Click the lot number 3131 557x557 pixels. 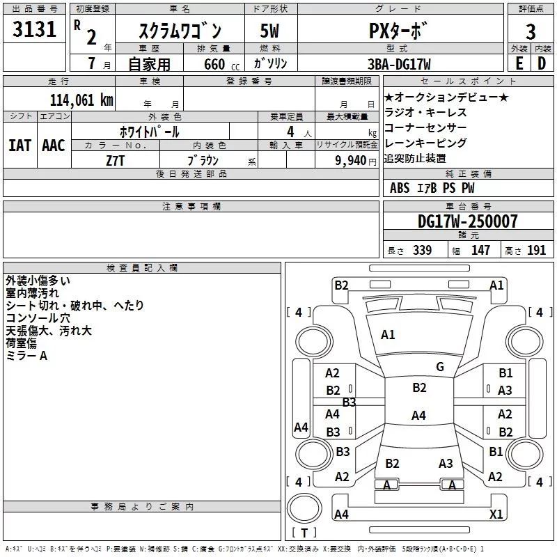(34, 30)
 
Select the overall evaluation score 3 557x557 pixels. (531, 32)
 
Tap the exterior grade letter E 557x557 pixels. (519, 63)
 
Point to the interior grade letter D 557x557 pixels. (542, 63)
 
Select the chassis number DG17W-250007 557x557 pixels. (467, 221)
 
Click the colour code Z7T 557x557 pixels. (116, 159)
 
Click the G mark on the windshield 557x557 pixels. (439, 367)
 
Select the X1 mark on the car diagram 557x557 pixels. (496, 514)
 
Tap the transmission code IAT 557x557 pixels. (19, 146)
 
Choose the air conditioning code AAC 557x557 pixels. (53, 146)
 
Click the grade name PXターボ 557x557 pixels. (399, 31)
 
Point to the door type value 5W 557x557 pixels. (270, 31)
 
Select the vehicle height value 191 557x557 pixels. (536, 251)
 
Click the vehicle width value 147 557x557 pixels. (480, 251)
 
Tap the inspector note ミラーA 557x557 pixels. (26, 356)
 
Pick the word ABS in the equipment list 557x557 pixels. (400, 188)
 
